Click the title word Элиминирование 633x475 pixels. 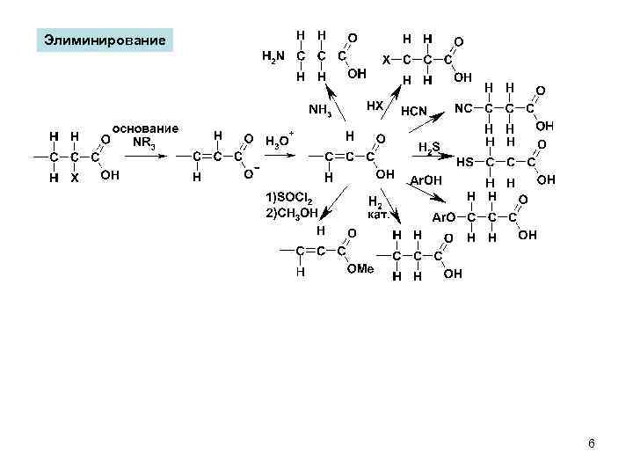click(x=105, y=40)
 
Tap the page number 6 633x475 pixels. click(x=591, y=443)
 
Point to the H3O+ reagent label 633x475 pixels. click(x=278, y=142)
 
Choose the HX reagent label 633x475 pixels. click(x=375, y=105)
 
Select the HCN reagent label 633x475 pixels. click(x=413, y=112)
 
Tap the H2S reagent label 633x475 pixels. click(x=429, y=147)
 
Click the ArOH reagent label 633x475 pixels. click(x=426, y=180)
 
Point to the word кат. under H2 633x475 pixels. click(x=379, y=215)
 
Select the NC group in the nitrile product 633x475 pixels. click(x=463, y=108)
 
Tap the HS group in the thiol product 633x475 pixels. click(x=466, y=162)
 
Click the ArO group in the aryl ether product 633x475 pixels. click(x=444, y=217)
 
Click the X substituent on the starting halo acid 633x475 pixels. click(x=74, y=177)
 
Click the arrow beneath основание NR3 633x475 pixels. click(x=151, y=157)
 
